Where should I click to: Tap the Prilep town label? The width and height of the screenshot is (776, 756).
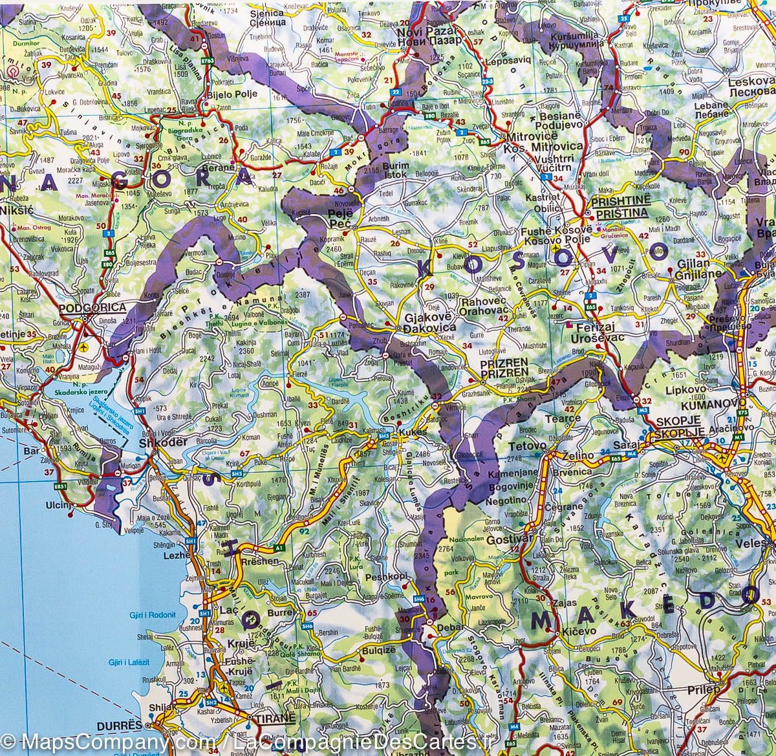click(x=704, y=689)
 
